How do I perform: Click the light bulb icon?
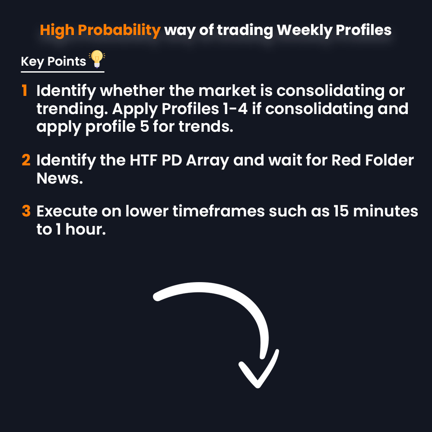tap(97, 59)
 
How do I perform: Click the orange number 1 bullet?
tap(25, 91)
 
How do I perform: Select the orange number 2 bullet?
tap(26, 161)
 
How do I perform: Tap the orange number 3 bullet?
tap(26, 212)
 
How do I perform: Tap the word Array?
tap(209, 161)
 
